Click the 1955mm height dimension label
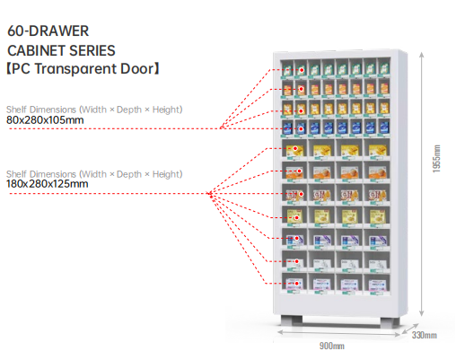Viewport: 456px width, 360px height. tap(436, 159)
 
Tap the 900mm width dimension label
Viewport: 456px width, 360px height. tap(332, 346)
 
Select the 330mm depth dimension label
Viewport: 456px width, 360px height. tap(424, 335)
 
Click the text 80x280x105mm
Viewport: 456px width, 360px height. tap(45, 120)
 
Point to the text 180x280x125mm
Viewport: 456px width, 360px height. tap(48, 184)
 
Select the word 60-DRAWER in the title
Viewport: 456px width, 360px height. tap(48, 31)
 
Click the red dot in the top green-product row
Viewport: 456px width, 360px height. tap(302, 70)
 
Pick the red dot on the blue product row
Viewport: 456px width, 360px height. tap(302, 129)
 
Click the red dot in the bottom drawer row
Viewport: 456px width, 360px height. tap(297, 283)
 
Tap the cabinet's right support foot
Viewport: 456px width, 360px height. tap(390, 321)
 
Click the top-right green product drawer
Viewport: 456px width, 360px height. tap(384, 68)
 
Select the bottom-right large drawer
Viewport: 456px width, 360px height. tap(377, 282)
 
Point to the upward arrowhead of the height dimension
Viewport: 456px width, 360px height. tap(422, 55)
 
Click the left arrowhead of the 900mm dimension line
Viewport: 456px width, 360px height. tap(281, 332)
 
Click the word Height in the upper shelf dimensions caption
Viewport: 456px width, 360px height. tap(166, 110)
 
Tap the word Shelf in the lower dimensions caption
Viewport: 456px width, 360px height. tap(16, 174)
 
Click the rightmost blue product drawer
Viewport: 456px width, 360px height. tap(384, 127)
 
